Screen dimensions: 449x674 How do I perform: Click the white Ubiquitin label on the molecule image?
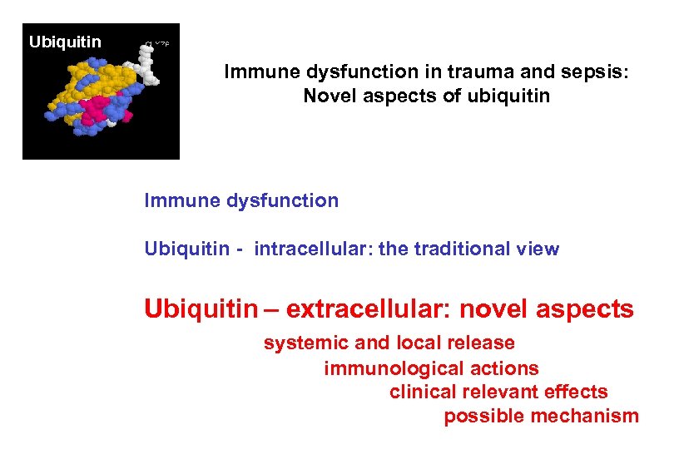pyautogui.click(x=65, y=42)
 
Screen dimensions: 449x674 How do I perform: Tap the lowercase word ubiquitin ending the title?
pyautogui.click(x=509, y=96)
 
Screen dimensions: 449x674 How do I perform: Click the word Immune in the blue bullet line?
pyautogui.click(x=176, y=200)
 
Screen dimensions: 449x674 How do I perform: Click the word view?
pyautogui.click(x=538, y=249)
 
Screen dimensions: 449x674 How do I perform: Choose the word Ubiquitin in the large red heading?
pyautogui.click(x=201, y=309)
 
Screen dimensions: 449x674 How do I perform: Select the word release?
pyautogui.click(x=480, y=343)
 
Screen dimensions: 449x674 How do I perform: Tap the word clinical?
pyautogui.click(x=421, y=392)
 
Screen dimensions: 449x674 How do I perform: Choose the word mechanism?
pyautogui.click(x=590, y=416)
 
